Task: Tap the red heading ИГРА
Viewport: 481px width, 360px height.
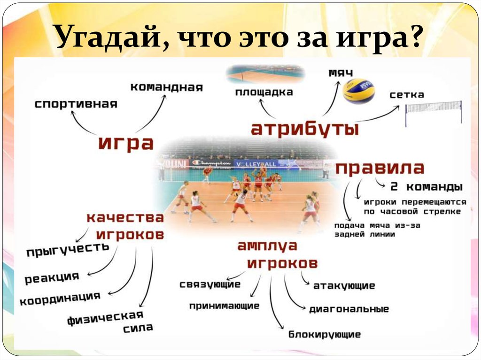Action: click(126, 143)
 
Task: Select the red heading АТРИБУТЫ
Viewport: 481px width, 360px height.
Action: click(304, 129)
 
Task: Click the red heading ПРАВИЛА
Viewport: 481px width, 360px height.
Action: click(380, 168)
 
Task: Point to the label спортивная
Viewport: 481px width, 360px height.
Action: click(76, 104)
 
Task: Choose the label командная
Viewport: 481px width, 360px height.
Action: click(166, 87)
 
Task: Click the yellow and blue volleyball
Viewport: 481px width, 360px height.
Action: click(359, 91)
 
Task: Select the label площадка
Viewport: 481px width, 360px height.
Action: click(264, 92)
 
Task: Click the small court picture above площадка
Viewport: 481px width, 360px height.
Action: click(265, 74)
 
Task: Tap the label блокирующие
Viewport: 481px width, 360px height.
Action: click(325, 335)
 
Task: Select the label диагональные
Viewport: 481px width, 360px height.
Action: click(349, 309)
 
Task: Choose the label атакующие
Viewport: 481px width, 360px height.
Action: click(344, 285)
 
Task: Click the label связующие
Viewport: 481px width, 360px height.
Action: click(210, 284)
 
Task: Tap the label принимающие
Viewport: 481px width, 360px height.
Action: click(224, 306)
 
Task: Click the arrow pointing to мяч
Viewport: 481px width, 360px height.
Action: click(331, 99)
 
